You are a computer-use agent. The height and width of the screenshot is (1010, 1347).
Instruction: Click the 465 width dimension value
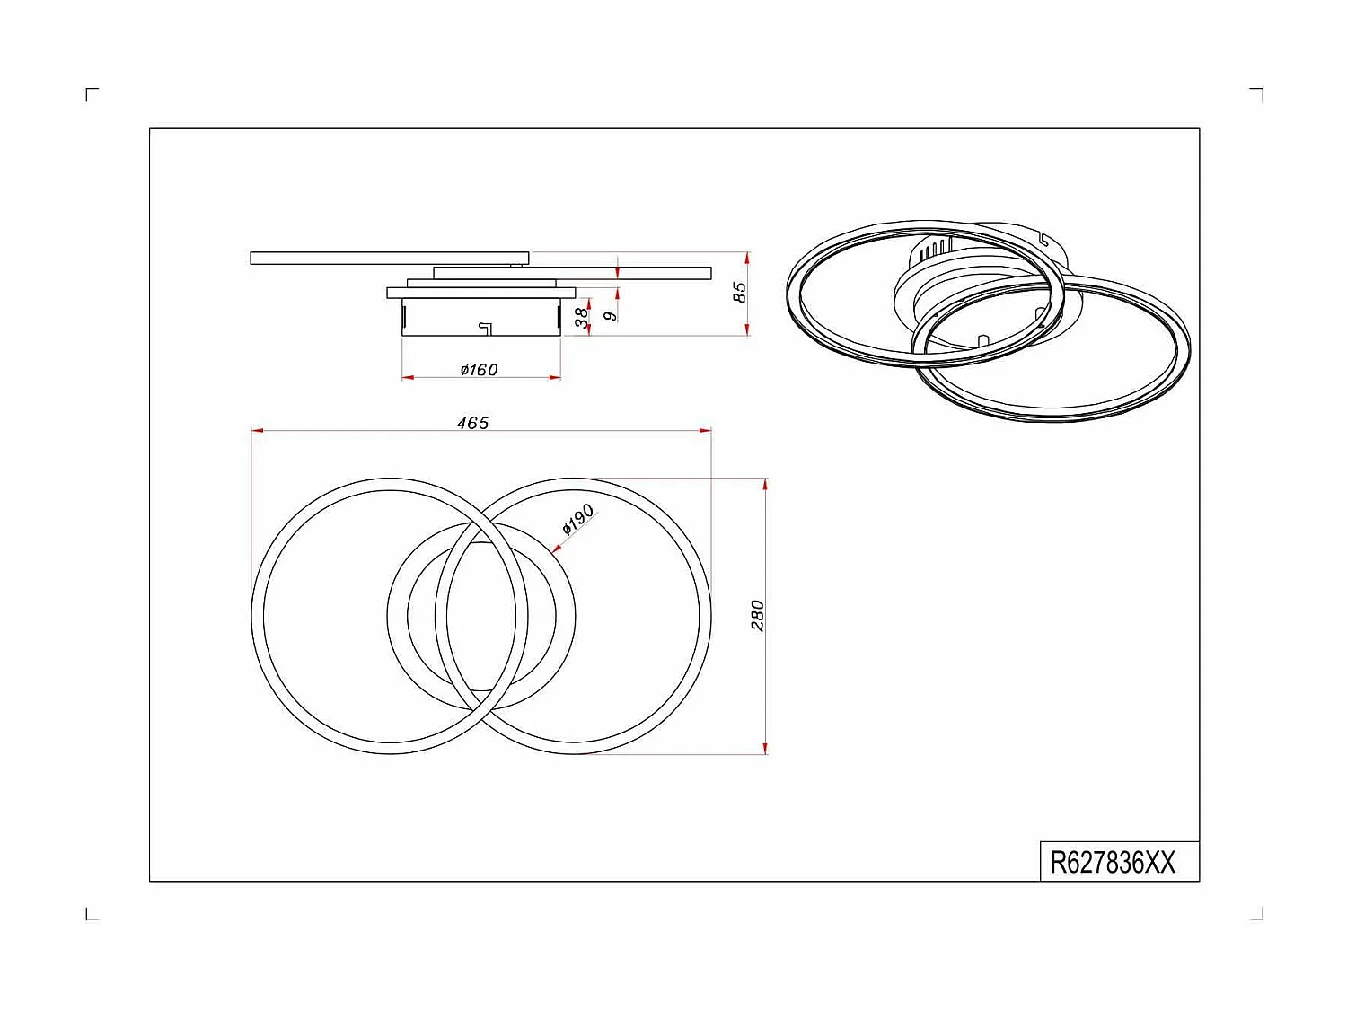click(472, 422)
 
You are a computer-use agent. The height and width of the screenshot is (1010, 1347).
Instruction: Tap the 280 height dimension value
click(757, 616)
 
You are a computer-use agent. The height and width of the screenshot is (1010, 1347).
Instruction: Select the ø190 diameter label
click(577, 518)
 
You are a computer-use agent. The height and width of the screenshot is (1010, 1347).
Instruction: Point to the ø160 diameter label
click(479, 369)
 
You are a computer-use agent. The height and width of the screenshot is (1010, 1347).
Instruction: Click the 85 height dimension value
click(739, 292)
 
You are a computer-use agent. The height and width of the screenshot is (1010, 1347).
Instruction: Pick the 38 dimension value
click(582, 316)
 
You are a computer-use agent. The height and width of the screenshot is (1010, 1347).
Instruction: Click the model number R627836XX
click(1113, 863)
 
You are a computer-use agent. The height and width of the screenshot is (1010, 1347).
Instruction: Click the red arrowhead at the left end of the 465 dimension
click(257, 431)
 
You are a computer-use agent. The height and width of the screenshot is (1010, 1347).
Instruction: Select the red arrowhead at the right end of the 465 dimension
click(706, 431)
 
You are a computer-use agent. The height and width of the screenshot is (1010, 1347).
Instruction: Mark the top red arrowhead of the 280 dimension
click(764, 484)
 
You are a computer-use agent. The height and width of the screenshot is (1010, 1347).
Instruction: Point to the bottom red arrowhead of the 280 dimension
click(764, 748)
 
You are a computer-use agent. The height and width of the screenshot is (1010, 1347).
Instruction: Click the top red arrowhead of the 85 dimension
click(747, 258)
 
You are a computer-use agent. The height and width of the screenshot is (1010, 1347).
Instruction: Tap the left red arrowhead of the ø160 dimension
click(408, 377)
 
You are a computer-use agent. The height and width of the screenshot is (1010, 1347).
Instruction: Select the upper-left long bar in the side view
click(389, 259)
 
